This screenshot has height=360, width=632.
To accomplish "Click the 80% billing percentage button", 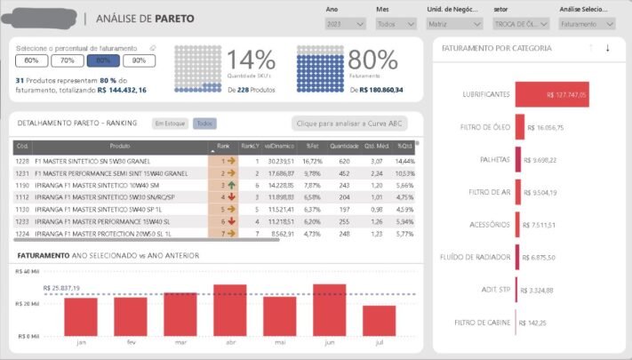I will coord(103,61).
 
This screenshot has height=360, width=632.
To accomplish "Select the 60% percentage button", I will coord(32,61).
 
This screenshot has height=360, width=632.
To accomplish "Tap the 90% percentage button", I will coord(139,61).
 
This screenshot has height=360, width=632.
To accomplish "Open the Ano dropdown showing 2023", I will coord(345,25).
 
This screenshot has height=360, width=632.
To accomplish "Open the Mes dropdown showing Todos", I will coord(393,25).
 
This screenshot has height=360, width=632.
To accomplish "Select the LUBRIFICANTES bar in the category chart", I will coord(552,93).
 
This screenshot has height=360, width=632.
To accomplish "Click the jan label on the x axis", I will coord(82,341).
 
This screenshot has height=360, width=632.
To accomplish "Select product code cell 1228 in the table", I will coord(23,161).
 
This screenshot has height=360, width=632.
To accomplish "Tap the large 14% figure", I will coord(251,60).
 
